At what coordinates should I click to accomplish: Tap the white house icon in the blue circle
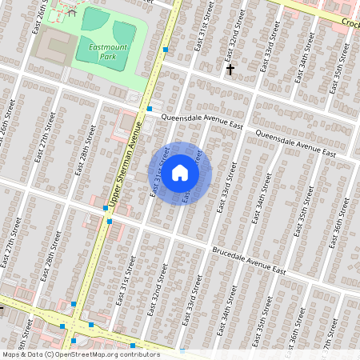(x=180, y=172)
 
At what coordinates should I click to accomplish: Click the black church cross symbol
(x=230, y=70)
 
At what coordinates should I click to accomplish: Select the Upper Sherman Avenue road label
(x=126, y=163)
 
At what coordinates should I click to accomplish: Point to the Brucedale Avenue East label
(x=249, y=262)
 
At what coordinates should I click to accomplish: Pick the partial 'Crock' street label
(x=350, y=22)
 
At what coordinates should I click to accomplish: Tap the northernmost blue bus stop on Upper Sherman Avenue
(x=166, y=50)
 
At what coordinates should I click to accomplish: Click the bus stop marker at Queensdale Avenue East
(x=150, y=108)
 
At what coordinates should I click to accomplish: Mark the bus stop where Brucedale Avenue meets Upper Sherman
(x=106, y=208)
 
